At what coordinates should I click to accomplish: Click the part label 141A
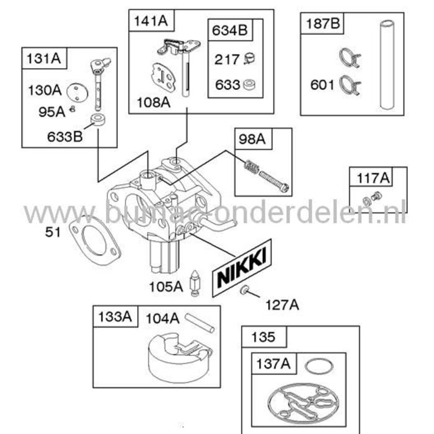[151, 20]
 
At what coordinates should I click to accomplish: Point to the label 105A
[166, 286]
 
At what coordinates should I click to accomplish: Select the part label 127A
[283, 304]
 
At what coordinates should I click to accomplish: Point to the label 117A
[374, 179]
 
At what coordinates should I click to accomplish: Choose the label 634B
[229, 29]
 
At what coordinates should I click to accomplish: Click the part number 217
[227, 60]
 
